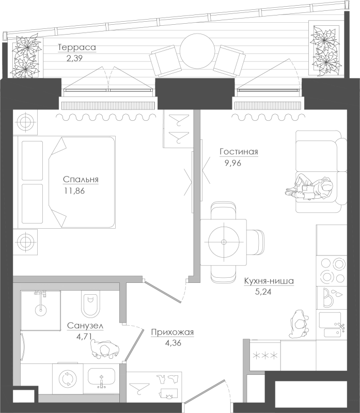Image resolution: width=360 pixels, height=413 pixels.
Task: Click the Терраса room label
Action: click(x=76, y=47)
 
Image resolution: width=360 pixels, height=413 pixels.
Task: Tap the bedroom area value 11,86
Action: click(x=74, y=190)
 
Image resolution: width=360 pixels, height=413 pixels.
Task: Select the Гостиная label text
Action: click(x=239, y=152)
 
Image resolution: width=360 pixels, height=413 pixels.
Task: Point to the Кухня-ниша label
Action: click(x=269, y=281)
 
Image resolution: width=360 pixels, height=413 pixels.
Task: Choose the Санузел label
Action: click(x=85, y=326)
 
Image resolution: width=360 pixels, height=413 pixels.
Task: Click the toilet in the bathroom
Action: click(x=90, y=304)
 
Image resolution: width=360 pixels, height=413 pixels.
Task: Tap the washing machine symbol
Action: click(x=68, y=379)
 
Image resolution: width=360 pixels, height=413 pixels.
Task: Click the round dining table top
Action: click(x=224, y=242)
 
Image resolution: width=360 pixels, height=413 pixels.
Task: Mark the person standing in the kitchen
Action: click(x=299, y=324)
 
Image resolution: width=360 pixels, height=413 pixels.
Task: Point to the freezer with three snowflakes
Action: click(x=265, y=356)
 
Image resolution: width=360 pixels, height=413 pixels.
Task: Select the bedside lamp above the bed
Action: click(x=25, y=122)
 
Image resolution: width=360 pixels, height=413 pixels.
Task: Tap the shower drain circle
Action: click(x=41, y=309)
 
